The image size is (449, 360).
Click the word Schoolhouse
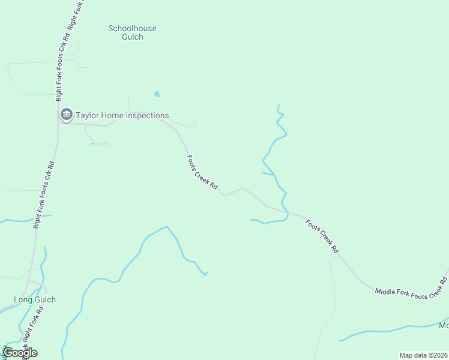(132, 28)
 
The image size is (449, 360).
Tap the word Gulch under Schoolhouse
(132, 37)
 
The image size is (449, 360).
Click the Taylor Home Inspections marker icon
(65, 114)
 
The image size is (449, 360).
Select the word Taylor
(88, 115)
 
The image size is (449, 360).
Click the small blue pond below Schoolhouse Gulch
(157, 94)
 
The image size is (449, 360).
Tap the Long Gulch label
(35, 299)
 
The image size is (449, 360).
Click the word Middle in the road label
(385, 292)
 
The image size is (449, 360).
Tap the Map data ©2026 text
(423, 355)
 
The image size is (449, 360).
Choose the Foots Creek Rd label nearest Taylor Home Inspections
(202, 173)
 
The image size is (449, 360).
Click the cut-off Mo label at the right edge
(444, 325)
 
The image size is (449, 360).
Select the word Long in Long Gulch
(23, 299)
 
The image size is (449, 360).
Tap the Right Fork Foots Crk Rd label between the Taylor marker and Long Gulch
(44, 194)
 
